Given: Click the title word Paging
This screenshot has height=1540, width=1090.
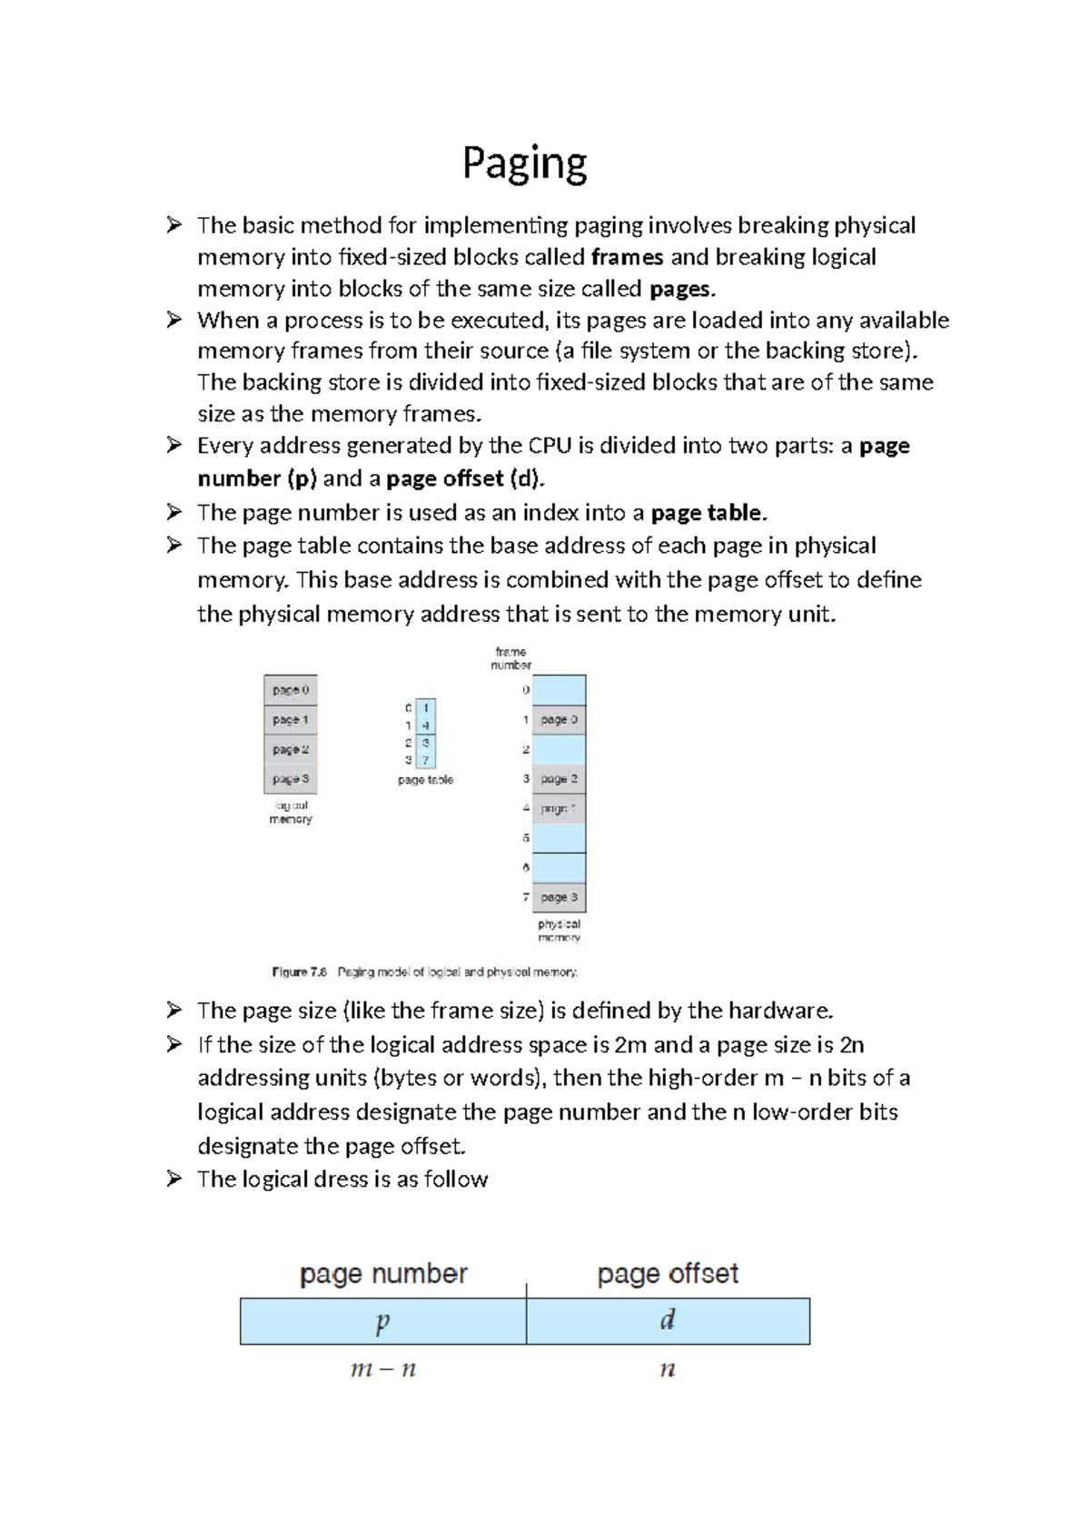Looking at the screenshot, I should pyautogui.click(x=524, y=164).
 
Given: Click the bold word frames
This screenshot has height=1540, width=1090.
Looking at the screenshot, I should pyautogui.click(x=627, y=257).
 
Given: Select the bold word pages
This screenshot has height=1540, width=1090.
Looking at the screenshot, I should pyautogui.click(x=681, y=289).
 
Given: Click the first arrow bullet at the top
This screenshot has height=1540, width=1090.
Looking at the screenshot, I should pyautogui.click(x=174, y=224).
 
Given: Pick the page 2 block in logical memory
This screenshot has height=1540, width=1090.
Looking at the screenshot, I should pyautogui.click(x=291, y=750).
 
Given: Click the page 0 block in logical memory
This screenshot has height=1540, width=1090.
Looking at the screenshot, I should pyautogui.click(x=291, y=690).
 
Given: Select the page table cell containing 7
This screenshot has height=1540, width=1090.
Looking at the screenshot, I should pyautogui.click(x=426, y=760).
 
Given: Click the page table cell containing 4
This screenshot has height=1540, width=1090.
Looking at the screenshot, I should pyautogui.click(x=426, y=726).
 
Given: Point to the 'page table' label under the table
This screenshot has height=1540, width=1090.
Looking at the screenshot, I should pyautogui.click(x=425, y=780).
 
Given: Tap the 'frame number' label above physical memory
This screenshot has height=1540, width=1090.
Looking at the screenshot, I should pyautogui.click(x=510, y=658).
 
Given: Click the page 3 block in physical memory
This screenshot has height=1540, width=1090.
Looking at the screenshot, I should pyautogui.click(x=559, y=897).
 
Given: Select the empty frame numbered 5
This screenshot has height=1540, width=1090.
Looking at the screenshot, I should pyautogui.click(x=559, y=838).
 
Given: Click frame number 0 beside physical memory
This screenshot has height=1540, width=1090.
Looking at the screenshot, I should pyautogui.click(x=526, y=690).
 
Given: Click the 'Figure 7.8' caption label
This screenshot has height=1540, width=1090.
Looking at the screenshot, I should pyautogui.click(x=299, y=972).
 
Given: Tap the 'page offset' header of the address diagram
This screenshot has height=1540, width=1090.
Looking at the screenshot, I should pyautogui.click(x=668, y=1274).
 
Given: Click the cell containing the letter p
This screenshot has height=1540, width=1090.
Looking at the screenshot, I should pyautogui.click(x=382, y=1321).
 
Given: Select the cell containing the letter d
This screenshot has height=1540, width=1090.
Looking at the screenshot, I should pyautogui.click(x=668, y=1321).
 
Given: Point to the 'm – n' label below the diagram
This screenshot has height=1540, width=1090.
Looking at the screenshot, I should pyautogui.click(x=382, y=1369).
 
